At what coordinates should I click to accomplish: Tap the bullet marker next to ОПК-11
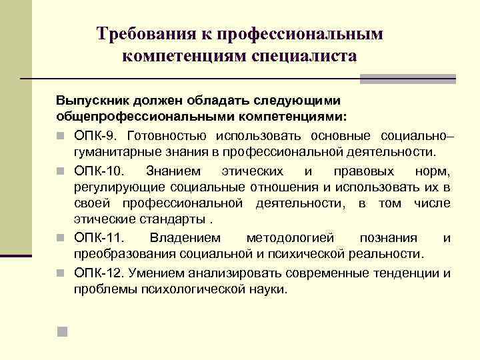60,239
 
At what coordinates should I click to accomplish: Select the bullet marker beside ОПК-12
60,273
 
